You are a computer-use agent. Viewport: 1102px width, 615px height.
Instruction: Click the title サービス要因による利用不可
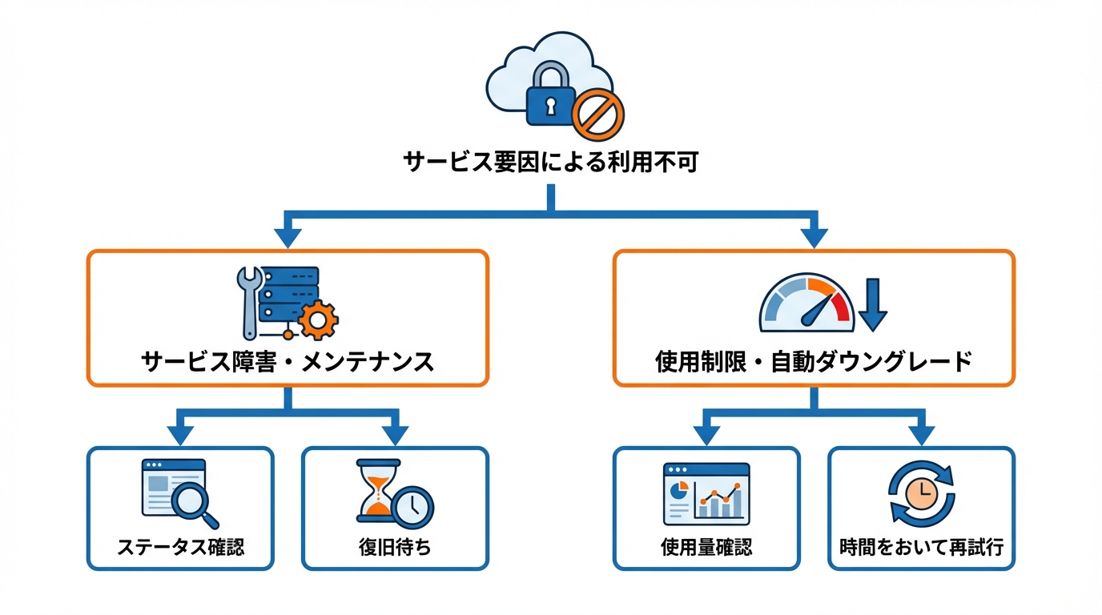pyautogui.click(x=551, y=163)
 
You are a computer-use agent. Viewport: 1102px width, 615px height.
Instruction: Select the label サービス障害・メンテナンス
pyautogui.click(x=288, y=361)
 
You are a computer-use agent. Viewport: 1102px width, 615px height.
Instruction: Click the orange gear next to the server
pyautogui.click(x=318, y=321)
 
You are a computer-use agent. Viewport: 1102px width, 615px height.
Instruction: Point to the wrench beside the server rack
pyautogui.click(x=249, y=302)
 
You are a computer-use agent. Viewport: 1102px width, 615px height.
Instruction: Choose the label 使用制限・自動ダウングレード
pyautogui.click(x=814, y=361)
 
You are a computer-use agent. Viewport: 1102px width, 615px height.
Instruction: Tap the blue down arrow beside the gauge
pyautogui.click(x=874, y=305)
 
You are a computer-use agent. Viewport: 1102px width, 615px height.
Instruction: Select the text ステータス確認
pyautogui.click(x=180, y=547)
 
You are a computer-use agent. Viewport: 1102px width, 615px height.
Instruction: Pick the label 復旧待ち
pyautogui.click(x=395, y=547)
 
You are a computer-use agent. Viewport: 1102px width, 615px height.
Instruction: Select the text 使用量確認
pyautogui.click(x=706, y=547)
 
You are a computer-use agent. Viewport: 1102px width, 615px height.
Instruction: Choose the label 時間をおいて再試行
pyautogui.click(x=921, y=547)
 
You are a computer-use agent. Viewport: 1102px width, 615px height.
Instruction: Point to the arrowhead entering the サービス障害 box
pyautogui.click(x=288, y=238)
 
